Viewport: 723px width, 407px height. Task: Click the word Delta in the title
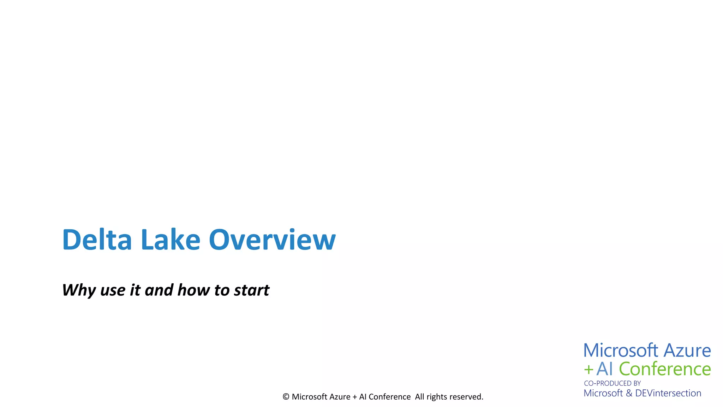pyautogui.click(x=97, y=240)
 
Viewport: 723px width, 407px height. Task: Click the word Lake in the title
pyautogui.click(x=171, y=240)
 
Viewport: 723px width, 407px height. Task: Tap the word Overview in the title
pyautogui.click(x=272, y=240)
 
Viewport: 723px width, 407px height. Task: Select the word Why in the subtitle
pyautogui.click(x=79, y=290)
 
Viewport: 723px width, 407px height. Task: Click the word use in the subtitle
pyautogui.click(x=113, y=291)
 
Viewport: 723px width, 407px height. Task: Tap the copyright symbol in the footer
pyautogui.click(x=286, y=397)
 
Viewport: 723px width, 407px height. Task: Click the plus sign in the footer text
pyautogui.click(x=355, y=397)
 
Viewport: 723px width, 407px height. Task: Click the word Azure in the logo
pyautogui.click(x=687, y=350)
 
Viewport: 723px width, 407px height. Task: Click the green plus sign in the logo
pyautogui.click(x=588, y=370)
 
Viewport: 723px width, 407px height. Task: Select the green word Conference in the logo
pyautogui.click(x=665, y=369)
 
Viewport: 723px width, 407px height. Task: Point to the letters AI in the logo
pyautogui.click(x=604, y=369)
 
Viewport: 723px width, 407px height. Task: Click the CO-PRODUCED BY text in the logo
pyautogui.click(x=612, y=383)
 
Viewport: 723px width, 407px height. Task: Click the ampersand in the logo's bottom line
pyautogui.click(x=629, y=393)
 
